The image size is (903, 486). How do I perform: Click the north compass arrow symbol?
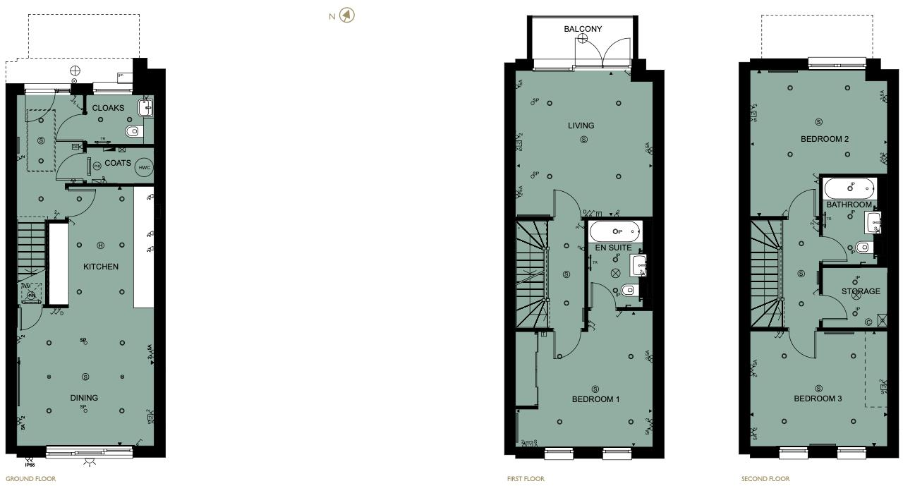pos(346,15)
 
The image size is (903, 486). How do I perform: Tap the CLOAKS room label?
pos(108,108)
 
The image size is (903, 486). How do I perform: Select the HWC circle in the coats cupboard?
pos(144,167)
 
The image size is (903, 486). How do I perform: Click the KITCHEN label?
pos(101,267)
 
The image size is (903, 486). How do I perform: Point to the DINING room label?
pos(84,398)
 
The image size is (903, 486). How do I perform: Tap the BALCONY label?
pos(583,29)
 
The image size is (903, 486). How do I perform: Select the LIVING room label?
pos(581,126)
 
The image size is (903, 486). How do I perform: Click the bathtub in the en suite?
pos(616,231)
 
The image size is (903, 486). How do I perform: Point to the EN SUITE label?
pos(612,248)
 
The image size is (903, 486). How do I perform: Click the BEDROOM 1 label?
pos(595,399)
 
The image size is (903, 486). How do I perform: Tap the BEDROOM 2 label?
pos(825,139)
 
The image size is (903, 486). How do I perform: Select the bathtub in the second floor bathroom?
pos(849,188)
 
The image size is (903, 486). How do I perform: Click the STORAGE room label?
pos(861,291)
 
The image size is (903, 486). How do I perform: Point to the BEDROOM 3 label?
pos(818,399)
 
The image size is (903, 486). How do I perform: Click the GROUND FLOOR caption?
pos(30,479)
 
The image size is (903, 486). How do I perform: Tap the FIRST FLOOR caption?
pos(526,479)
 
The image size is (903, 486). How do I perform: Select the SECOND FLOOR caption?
pos(765,479)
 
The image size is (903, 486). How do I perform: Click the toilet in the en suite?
pos(627,290)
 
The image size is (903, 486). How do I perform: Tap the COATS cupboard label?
pos(118,163)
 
